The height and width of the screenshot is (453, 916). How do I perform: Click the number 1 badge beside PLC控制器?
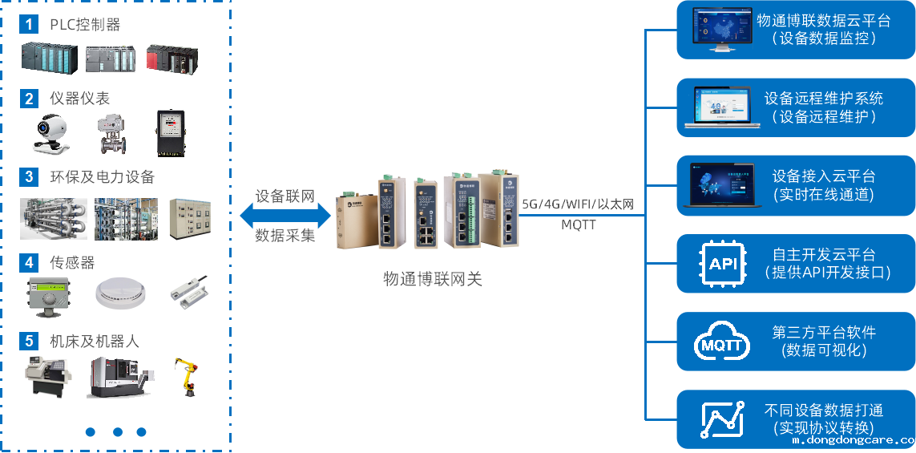[x=29, y=24]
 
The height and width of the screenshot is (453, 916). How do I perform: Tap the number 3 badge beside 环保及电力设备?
[x=29, y=176]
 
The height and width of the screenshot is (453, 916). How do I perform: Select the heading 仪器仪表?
[x=79, y=99]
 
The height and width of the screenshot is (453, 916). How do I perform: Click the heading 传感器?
[x=72, y=262]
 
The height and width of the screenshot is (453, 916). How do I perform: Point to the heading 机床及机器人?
[x=94, y=342]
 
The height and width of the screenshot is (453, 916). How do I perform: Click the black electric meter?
[x=170, y=132]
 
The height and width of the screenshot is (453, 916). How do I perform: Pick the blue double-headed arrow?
[x=285, y=216]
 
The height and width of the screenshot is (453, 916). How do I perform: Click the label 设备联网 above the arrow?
[x=284, y=196]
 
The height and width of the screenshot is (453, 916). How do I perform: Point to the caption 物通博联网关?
[x=432, y=278]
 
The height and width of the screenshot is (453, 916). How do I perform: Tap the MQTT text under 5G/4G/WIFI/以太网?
[x=578, y=224]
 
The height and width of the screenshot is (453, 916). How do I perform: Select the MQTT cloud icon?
[x=722, y=342]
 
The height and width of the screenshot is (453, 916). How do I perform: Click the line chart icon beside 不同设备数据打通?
[x=722, y=419]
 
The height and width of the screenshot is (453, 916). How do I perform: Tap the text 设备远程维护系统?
[x=823, y=99]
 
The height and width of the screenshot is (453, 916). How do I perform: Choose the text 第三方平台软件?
[x=824, y=332]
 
